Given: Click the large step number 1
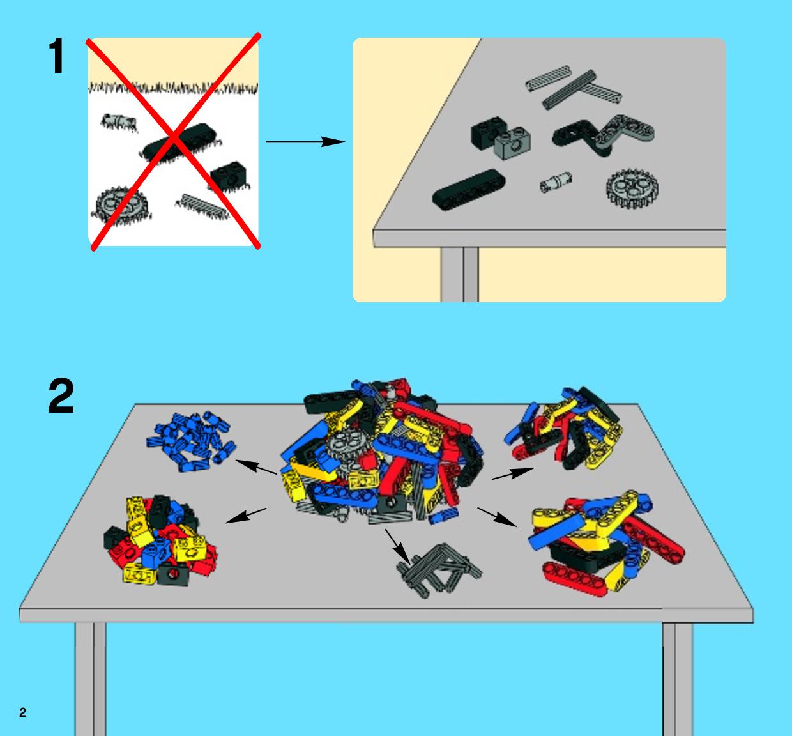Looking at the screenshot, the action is pyautogui.click(x=56, y=56).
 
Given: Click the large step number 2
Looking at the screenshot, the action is pyautogui.click(x=61, y=395).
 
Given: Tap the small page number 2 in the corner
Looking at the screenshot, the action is pyautogui.click(x=23, y=712).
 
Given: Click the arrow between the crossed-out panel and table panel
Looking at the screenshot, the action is pyautogui.click(x=305, y=142).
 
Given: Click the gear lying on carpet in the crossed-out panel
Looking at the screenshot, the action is pyautogui.click(x=121, y=206).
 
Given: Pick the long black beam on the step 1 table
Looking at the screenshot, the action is pyautogui.click(x=469, y=190).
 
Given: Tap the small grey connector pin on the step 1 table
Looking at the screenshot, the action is pyautogui.click(x=556, y=183).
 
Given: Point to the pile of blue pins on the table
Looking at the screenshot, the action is pyautogui.click(x=190, y=441).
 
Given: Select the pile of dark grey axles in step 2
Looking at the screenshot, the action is pyautogui.click(x=439, y=569).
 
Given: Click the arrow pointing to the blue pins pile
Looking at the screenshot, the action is pyautogui.click(x=256, y=467).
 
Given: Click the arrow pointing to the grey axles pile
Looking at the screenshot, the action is pyautogui.click(x=397, y=547).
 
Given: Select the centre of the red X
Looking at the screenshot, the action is pyautogui.click(x=174, y=139).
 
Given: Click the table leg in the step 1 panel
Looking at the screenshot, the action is pyautogui.click(x=459, y=275).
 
